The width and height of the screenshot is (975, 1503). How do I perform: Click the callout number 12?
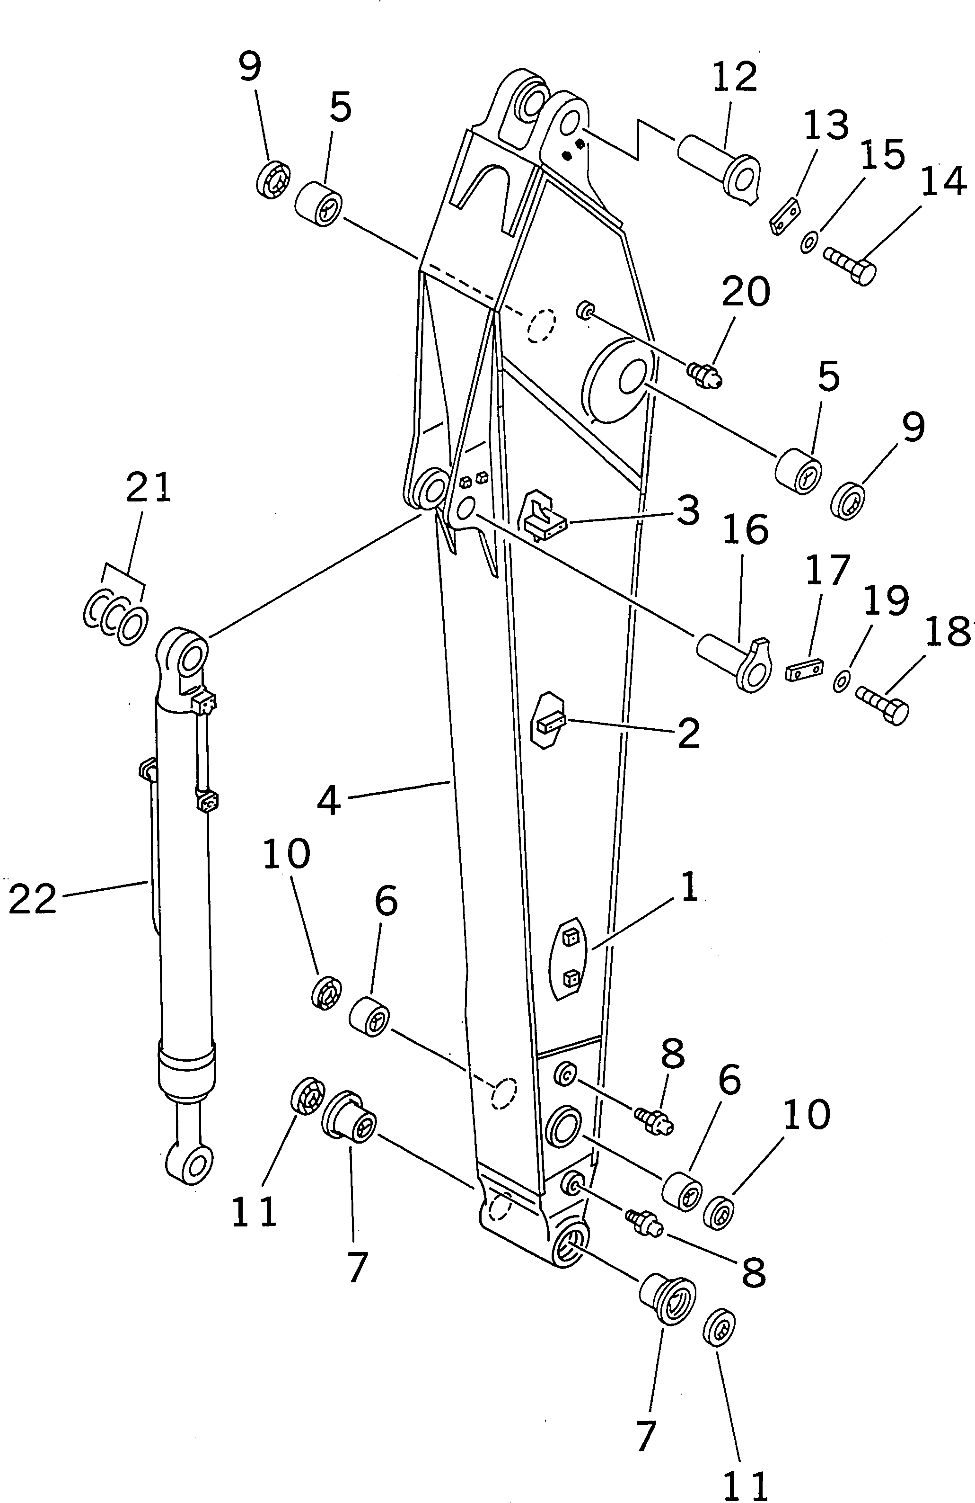[x=735, y=76]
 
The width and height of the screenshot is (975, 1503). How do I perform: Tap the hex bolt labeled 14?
[x=850, y=265]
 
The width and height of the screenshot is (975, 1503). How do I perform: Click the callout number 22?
[x=33, y=899]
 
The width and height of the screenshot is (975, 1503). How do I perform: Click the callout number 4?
[x=329, y=801]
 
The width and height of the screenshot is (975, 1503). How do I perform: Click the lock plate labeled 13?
[x=785, y=216]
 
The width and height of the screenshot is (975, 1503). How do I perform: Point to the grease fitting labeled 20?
[x=705, y=373]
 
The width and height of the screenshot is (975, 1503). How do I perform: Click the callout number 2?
[x=688, y=733]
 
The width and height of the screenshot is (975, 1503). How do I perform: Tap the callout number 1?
[x=689, y=886]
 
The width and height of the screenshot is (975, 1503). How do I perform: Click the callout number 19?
[x=886, y=600]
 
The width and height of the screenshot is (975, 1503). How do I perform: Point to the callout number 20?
[x=746, y=292]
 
